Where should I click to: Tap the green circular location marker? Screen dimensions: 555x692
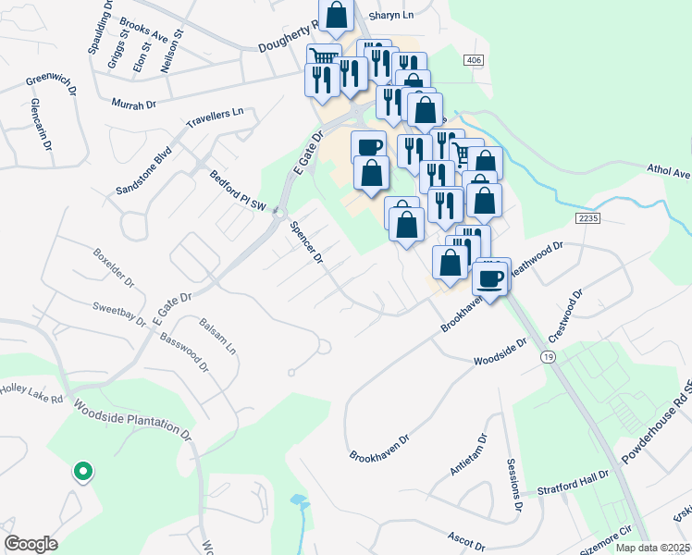[82, 473]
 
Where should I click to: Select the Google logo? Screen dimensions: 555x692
[31, 544]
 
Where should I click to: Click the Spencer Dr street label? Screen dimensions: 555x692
[306, 243]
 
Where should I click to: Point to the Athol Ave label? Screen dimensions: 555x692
[669, 173]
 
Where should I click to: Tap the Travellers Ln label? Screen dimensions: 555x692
[214, 117]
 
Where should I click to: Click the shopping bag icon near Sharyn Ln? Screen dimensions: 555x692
[337, 15]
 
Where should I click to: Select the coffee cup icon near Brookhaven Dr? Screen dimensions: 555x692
[492, 277]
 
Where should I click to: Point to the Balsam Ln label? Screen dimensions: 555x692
[218, 335]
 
